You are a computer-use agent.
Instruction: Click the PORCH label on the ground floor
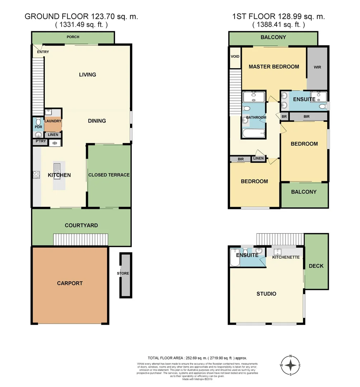(73, 37)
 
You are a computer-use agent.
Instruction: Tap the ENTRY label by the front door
(43, 52)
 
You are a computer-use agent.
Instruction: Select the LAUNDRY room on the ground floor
(53, 121)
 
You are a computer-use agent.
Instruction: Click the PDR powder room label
(38, 127)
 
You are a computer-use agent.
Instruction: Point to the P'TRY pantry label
(40, 142)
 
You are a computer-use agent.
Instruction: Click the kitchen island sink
(57, 168)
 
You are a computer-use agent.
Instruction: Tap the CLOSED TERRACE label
(109, 175)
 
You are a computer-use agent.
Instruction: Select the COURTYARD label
(81, 225)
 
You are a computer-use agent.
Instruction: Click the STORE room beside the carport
(123, 273)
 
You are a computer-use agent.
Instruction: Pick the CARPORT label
(70, 283)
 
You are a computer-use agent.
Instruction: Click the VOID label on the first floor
(235, 57)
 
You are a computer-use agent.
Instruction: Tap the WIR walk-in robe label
(317, 67)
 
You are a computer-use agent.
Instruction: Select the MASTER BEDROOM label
(274, 67)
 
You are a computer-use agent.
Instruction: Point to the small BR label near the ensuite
(284, 116)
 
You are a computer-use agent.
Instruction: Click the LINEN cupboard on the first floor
(258, 158)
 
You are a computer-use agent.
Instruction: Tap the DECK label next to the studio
(316, 266)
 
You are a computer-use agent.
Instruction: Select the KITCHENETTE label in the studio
(285, 257)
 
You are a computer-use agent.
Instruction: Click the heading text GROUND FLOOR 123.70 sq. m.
(81, 16)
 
